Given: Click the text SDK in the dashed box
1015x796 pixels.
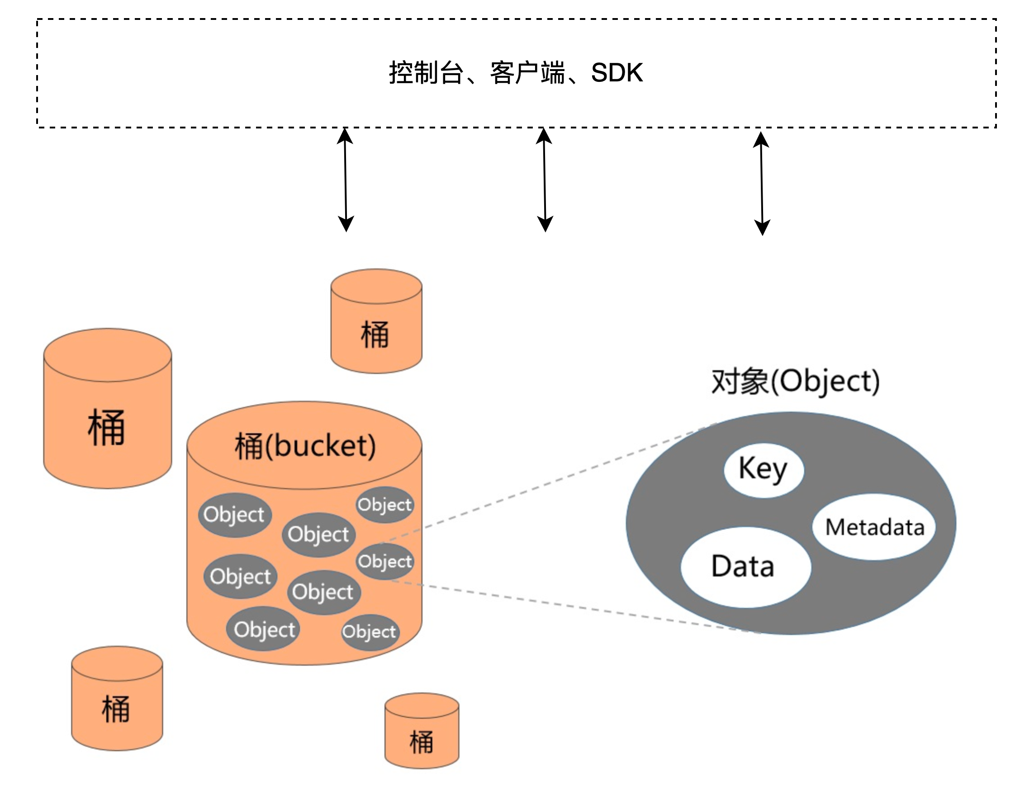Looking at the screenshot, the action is (617, 73).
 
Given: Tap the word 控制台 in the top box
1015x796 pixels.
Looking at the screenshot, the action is (427, 73).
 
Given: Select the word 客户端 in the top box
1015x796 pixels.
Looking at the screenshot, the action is (527, 73).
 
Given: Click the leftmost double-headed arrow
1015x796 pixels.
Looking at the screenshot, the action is (345, 180).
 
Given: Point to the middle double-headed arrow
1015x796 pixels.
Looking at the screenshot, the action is (544, 180).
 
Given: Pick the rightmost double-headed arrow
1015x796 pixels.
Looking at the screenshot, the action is (762, 184).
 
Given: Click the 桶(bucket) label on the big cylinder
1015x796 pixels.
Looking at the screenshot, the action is (305, 446).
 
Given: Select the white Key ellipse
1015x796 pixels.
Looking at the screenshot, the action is (764, 470).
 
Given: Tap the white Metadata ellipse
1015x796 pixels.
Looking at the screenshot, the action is (874, 527).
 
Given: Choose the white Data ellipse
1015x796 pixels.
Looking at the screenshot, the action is (745, 567).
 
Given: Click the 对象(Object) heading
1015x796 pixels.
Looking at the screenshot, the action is (796, 382).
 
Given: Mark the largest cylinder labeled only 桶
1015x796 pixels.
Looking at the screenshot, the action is (108, 408).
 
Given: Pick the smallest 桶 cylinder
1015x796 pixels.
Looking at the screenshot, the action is (422, 730).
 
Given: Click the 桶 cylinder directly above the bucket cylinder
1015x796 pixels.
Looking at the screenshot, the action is (376, 321).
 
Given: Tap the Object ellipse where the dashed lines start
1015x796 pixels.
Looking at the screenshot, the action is (385, 561).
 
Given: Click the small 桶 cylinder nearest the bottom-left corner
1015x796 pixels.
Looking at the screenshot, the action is (117, 698).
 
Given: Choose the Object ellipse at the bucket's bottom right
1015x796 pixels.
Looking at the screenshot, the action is (370, 632).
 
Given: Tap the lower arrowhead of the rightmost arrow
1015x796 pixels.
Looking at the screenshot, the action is (763, 228).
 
